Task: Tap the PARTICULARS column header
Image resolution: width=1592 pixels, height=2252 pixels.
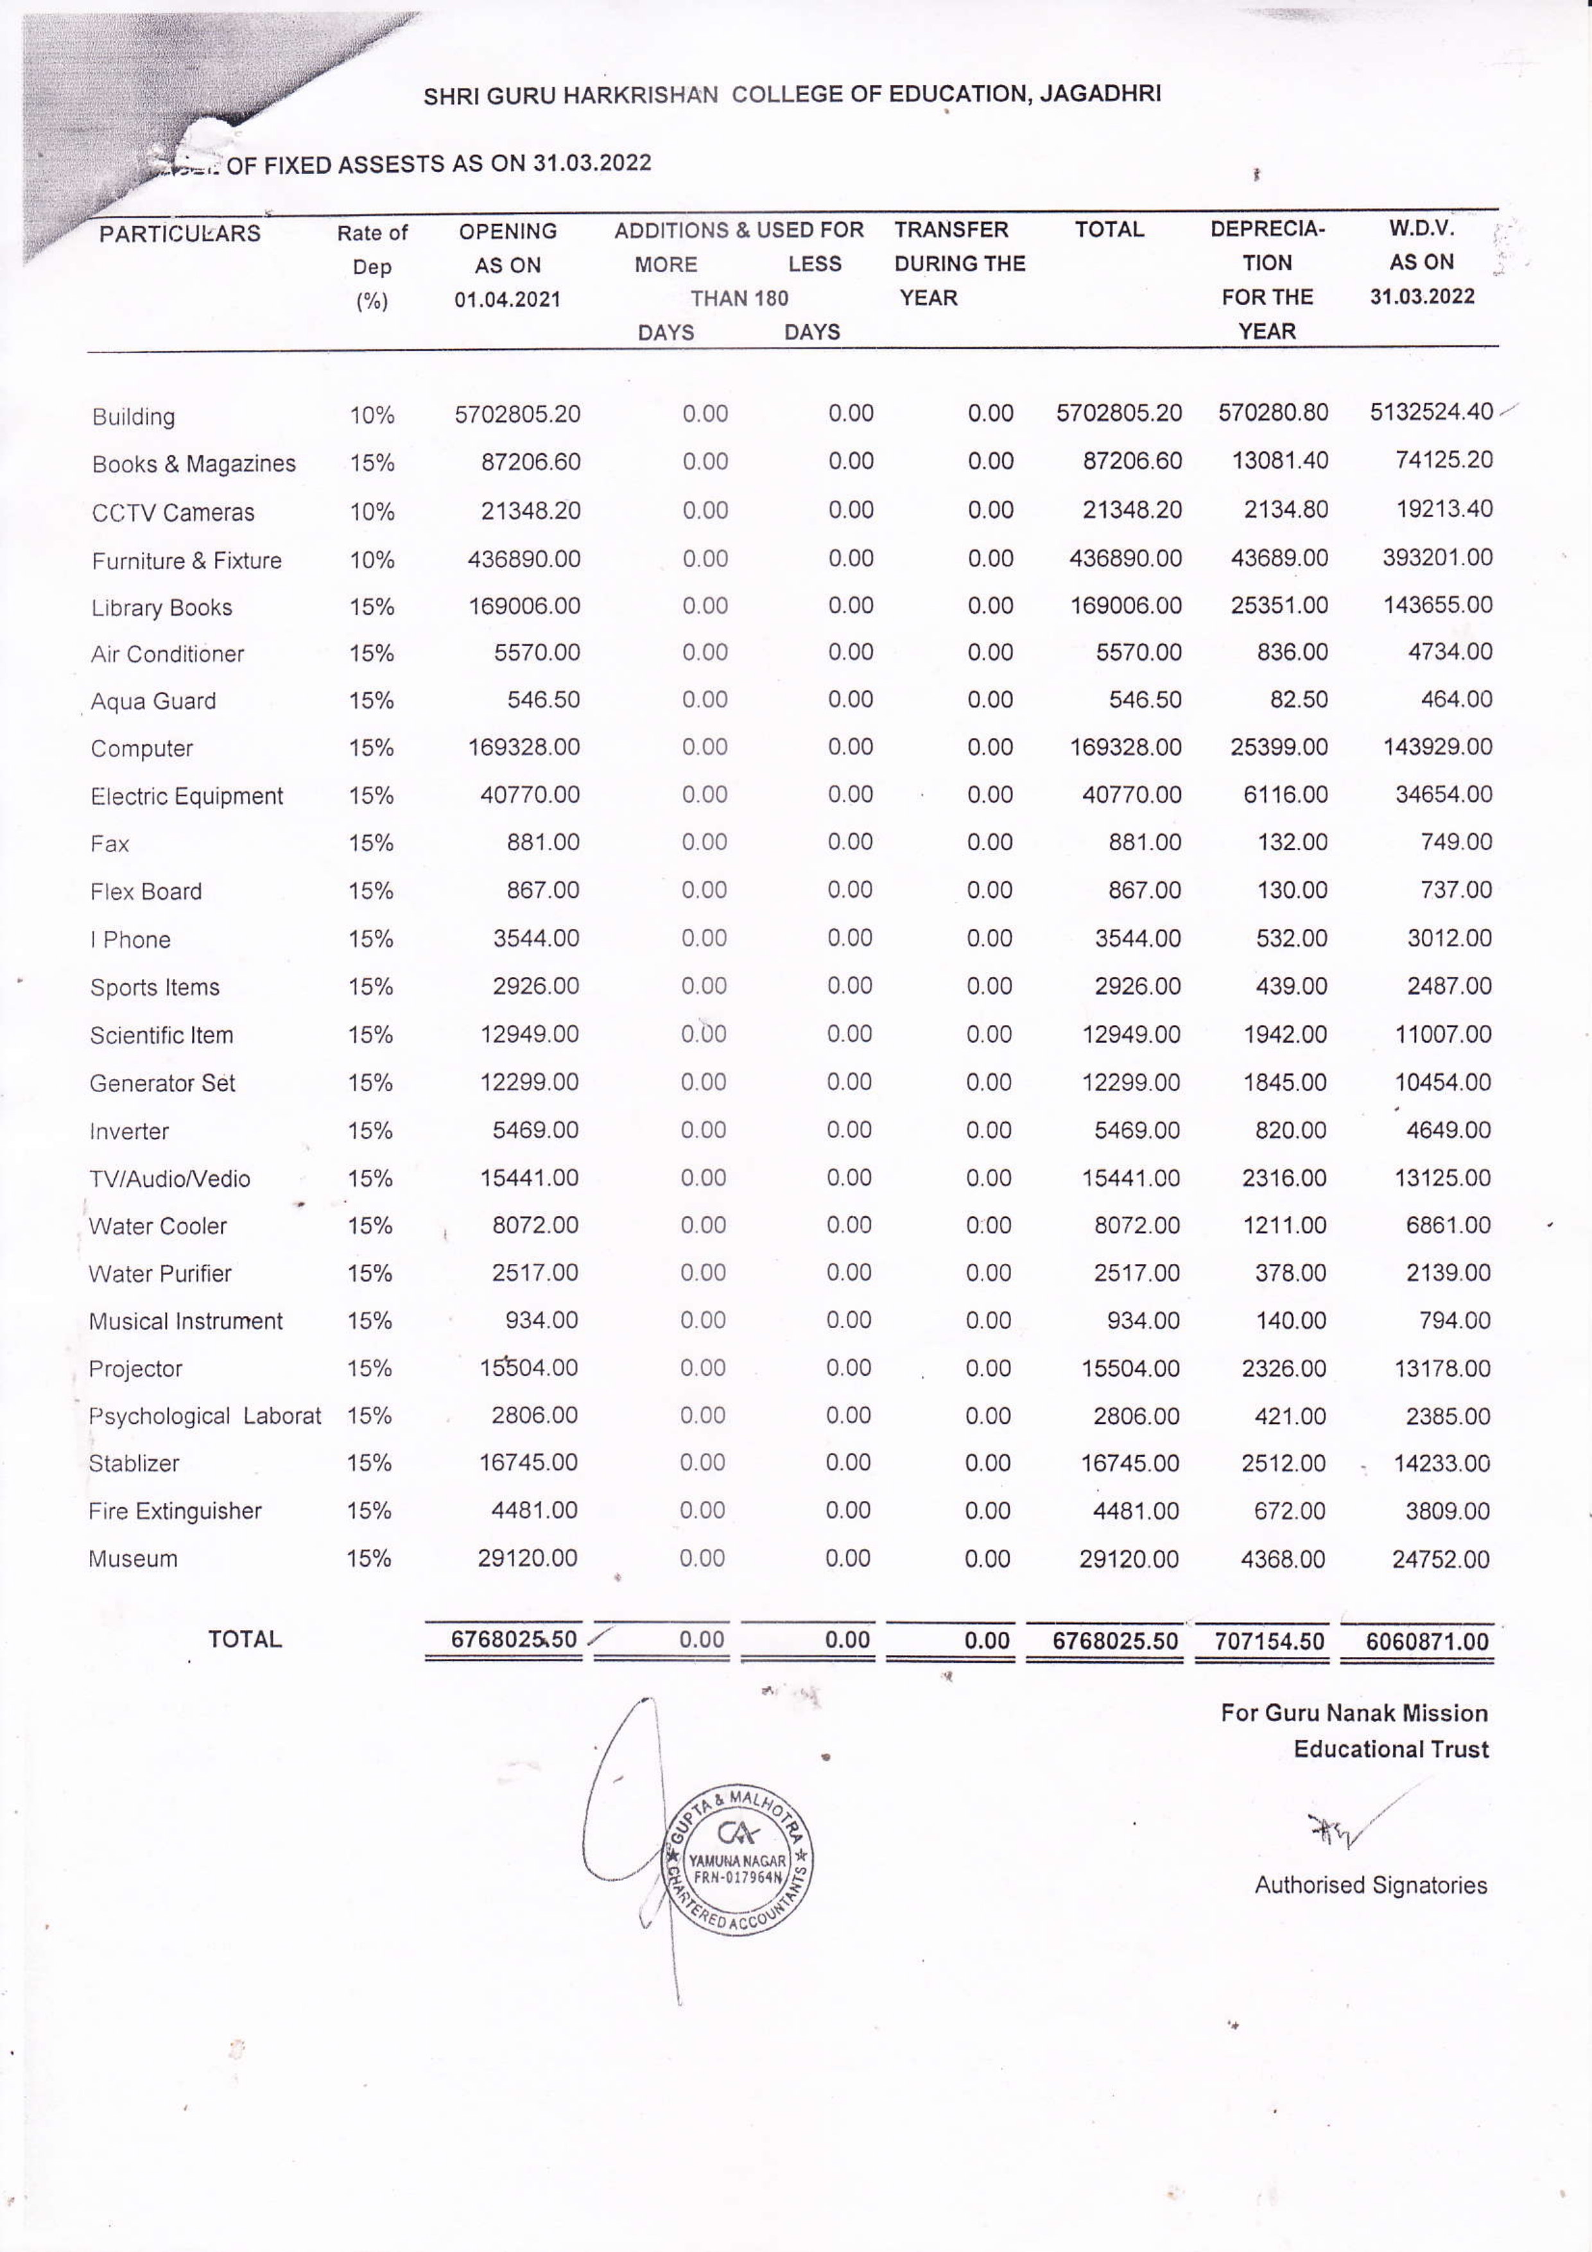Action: pyautogui.click(x=180, y=234)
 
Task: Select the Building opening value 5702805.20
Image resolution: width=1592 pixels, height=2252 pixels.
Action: pyautogui.click(x=517, y=414)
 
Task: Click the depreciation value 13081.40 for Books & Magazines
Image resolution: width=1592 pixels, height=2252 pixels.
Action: pyautogui.click(x=1279, y=461)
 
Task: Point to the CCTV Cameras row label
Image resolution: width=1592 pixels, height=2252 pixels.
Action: pyautogui.click(x=173, y=512)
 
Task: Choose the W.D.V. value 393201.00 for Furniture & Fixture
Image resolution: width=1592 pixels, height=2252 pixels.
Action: pyautogui.click(x=1437, y=558)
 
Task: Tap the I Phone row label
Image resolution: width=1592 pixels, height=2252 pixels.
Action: pyautogui.click(x=130, y=940)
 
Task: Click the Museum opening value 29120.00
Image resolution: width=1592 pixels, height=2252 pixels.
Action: pyautogui.click(x=527, y=1557)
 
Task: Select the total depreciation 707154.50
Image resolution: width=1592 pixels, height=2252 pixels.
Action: pyautogui.click(x=1268, y=1641)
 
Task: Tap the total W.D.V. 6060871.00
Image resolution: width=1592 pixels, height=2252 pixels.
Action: pyautogui.click(x=1426, y=1641)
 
